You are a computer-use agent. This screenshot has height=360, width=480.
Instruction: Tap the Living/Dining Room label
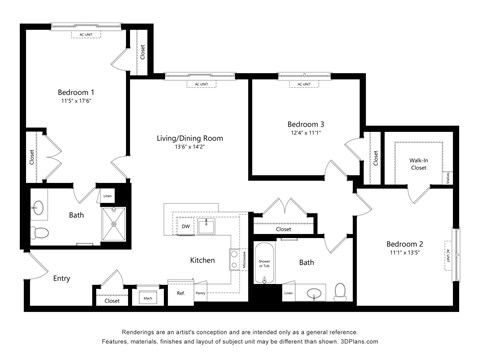(x=189, y=138)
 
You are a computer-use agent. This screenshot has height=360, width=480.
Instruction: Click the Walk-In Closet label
(x=418, y=163)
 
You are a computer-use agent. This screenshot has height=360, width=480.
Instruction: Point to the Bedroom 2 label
(x=405, y=244)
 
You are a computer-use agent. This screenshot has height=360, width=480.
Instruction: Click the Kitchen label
(x=203, y=261)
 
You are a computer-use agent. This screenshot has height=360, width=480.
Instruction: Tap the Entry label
(x=61, y=279)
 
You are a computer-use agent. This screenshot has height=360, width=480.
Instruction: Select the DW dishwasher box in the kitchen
(x=186, y=227)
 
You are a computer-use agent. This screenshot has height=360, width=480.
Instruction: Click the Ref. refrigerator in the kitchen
(x=180, y=294)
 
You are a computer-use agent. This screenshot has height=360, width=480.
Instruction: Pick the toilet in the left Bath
(x=41, y=233)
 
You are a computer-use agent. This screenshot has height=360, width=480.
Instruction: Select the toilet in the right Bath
(x=340, y=291)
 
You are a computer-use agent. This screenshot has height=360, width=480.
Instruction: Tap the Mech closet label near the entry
(x=147, y=297)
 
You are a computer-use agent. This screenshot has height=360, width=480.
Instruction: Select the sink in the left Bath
(x=39, y=209)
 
